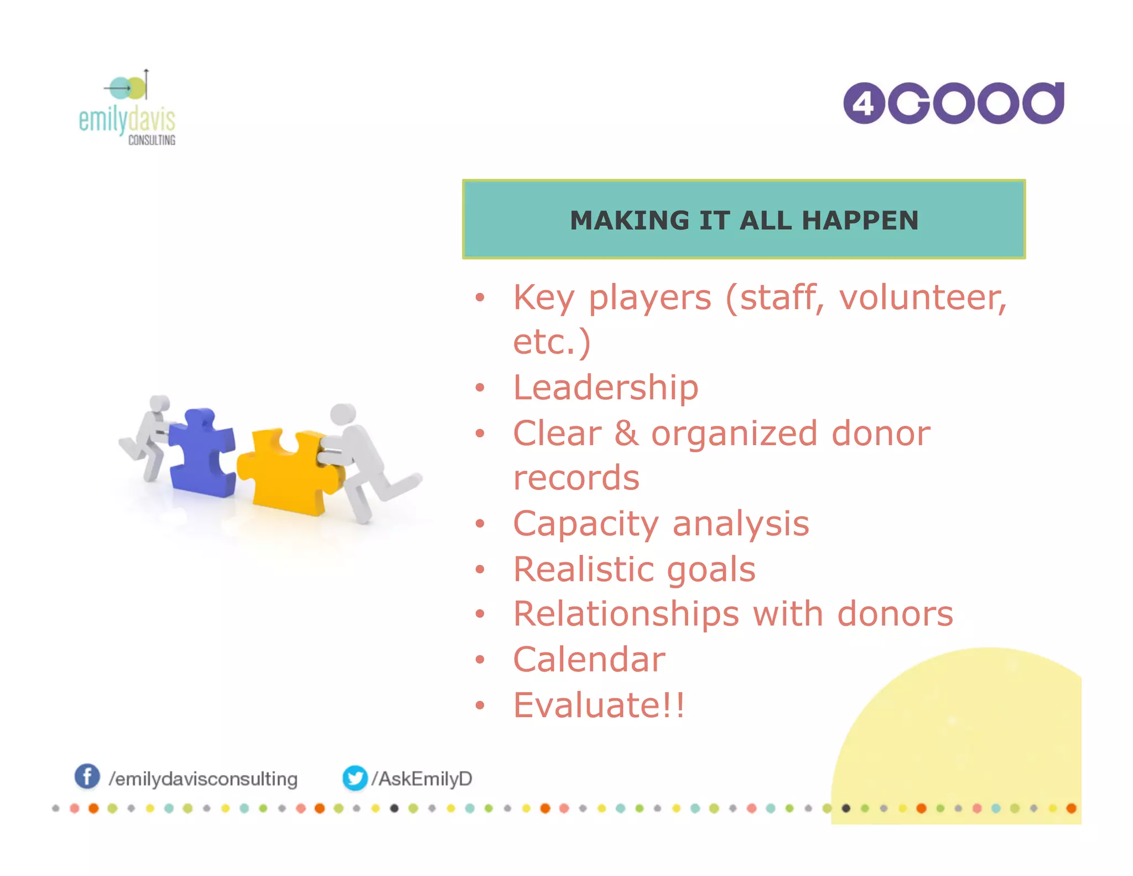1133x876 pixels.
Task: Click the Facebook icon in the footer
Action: (x=87, y=776)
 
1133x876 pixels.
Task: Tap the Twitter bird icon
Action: (x=355, y=778)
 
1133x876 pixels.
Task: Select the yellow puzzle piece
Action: (x=288, y=471)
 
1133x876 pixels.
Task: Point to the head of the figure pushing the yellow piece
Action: (x=343, y=414)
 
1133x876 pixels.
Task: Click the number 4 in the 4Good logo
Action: (x=864, y=104)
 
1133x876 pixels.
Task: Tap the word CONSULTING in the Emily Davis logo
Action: (x=152, y=140)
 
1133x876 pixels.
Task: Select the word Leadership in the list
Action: (x=606, y=387)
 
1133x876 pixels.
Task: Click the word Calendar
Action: (x=589, y=659)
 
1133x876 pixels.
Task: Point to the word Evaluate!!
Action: (x=599, y=705)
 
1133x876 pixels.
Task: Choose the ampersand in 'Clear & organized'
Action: (x=626, y=433)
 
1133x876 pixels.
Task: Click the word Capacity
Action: (x=586, y=524)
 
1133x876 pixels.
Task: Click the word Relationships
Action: (x=626, y=614)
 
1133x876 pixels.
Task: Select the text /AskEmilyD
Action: (x=422, y=779)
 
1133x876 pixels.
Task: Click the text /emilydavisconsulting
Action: (x=203, y=779)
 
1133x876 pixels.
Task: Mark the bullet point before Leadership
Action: (x=480, y=388)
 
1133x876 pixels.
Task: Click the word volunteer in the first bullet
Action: (x=923, y=297)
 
